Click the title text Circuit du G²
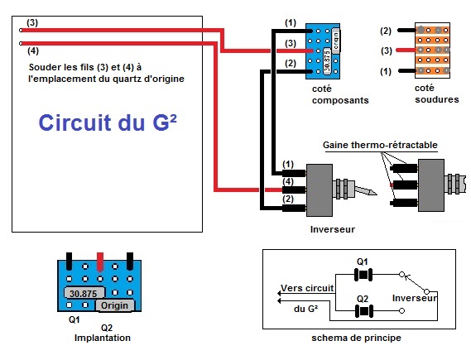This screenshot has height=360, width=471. [108, 124]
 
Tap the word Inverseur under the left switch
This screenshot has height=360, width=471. [331, 228]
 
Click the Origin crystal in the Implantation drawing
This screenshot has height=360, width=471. [114, 305]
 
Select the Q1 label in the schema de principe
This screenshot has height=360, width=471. [362, 262]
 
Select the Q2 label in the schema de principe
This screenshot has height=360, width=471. [362, 296]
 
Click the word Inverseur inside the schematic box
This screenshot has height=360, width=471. [413, 296]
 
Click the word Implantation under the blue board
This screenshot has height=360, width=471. [102, 338]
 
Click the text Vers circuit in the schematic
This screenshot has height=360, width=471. [306, 288]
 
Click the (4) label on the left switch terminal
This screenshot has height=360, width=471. [287, 181]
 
